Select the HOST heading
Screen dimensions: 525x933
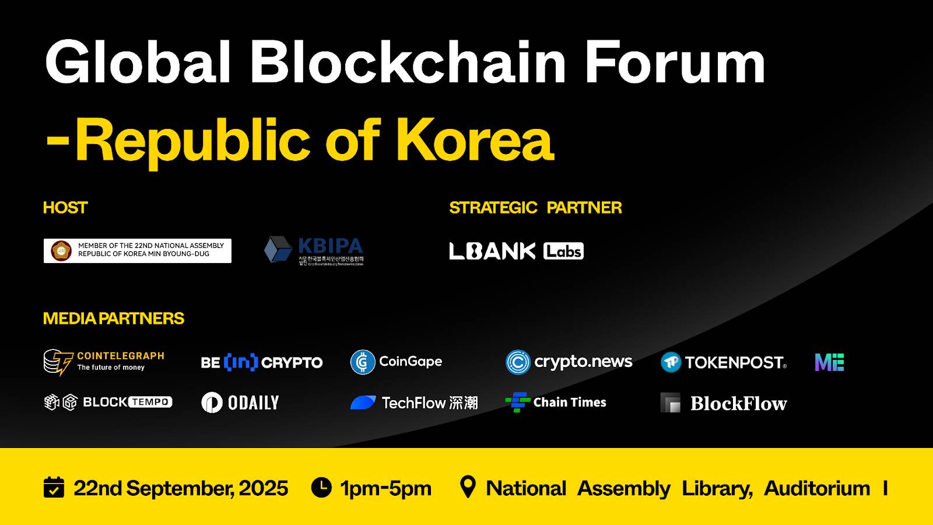point(65,208)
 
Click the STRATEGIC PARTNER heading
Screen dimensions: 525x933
point(535,208)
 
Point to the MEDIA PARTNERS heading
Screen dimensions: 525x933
point(114,318)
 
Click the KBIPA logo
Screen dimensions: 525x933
point(314,251)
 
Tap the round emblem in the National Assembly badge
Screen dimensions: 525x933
point(61,251)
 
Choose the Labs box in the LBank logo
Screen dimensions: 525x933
point(563,251)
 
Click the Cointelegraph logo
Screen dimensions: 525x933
point(104,362)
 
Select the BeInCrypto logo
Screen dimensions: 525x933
point(261,362)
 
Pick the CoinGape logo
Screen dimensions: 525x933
point(397,362)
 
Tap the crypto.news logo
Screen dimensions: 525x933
point(569,362)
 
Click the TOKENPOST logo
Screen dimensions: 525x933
point(724,362)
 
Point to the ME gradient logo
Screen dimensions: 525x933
point(829,362)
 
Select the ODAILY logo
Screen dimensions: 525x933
point(240,402)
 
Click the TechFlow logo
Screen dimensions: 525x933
point(414,402)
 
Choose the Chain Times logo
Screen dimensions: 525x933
point(556,402)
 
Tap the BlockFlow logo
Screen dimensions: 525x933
point(724,403)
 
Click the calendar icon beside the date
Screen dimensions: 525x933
point(54,487)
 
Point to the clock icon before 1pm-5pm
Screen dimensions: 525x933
point(321,487)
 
